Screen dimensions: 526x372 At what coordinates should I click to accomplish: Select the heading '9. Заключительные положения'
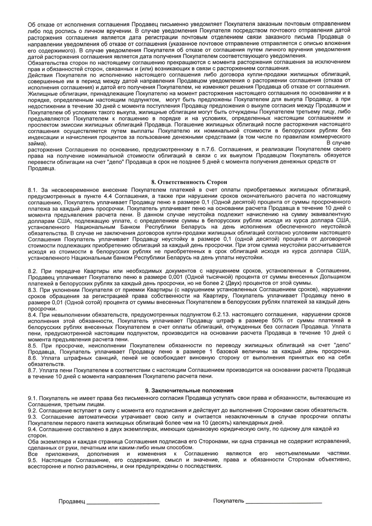[x=189, y=390]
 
